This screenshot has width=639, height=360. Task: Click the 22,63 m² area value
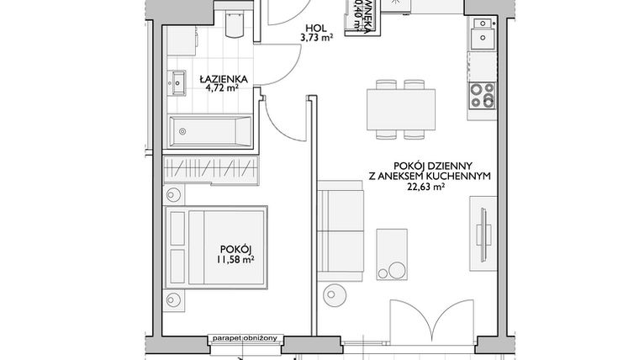pyautogui.click(x=424, y=188)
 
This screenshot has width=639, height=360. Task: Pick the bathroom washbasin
pyautogui.click(x=178, y=82)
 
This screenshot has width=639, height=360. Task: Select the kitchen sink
pyautogui.click(x=483, y=37)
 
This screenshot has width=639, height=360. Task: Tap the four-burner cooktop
pyautogui.click(x=483, y=94)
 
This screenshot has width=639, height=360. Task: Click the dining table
pyautogui.click(x=401, y=109)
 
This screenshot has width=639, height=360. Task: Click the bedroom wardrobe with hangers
pyautogui.click(x=208, y=167)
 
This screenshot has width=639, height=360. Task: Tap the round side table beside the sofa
pyautogui.click(x=335, y=296)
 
